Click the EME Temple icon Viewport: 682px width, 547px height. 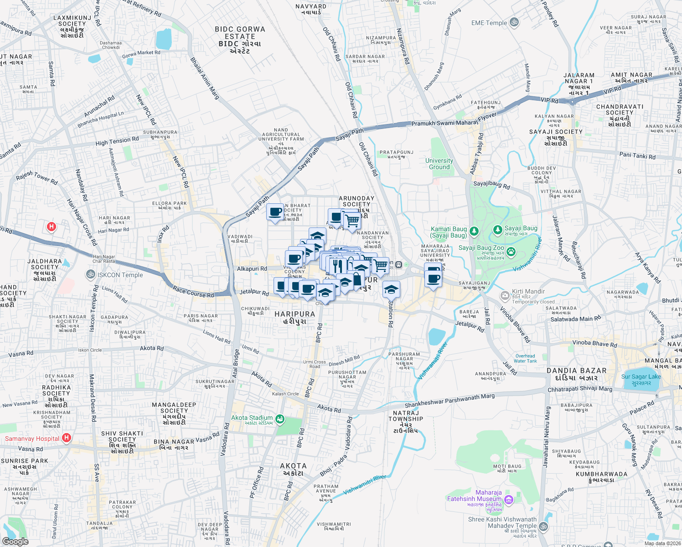pyautogui.click(x=514, y=23)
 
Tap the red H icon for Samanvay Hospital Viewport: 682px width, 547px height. pyautogui.click(x=67, y=438)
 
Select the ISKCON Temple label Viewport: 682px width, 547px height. pyautogui.click(x=120, y=275)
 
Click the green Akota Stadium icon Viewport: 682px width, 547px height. pyautogui.click(x=280, y=418)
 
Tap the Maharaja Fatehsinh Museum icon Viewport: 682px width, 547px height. pyautogui.click(x=509, y=500)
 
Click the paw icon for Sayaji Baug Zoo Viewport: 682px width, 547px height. pyautogui.click(x=511, y=251)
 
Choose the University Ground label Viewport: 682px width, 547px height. pyautogui.click(x=439, y=164)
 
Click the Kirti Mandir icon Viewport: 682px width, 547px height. pyautogui.click(x=505, y=296)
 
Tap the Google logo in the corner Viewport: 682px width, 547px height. pyautogui.click(x=15, y=542)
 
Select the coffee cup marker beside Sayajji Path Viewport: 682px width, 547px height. pyautogui.click(x=275, y=212)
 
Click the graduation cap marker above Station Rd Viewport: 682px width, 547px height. pyautogui.click(x=391, y=289)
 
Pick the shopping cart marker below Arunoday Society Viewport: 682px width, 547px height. pyautogui.click(x=351, y=221)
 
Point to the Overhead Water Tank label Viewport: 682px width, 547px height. pyautogui.click(x=525, y=358)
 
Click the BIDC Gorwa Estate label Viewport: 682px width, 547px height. pyautogui.click(x=240, y=40)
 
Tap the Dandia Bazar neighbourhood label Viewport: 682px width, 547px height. pyautogui.click(x=576, y=374)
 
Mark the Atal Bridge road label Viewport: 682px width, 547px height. pyautogui.click(x=236, y=363)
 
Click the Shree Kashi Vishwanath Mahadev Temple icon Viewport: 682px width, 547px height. pyautogui.click(x=543, y=526)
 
